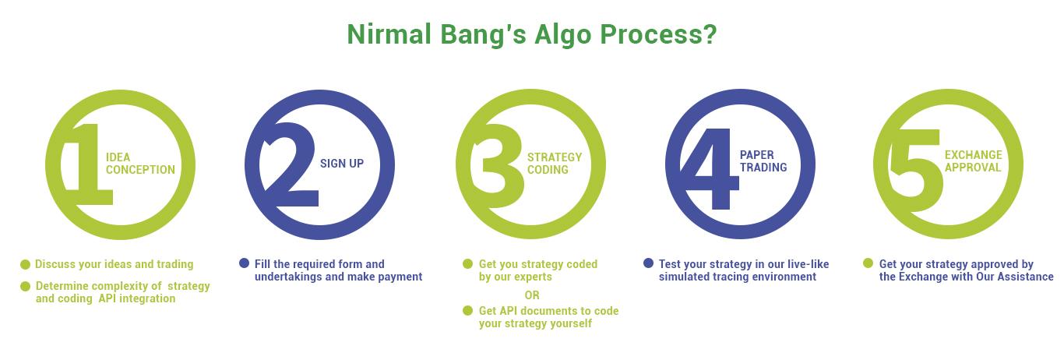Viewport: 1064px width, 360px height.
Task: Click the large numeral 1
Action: (x=90, y=164)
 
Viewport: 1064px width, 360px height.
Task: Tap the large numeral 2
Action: (x=290, y=164)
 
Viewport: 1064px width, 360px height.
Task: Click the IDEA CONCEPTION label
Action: (x=140, y=164)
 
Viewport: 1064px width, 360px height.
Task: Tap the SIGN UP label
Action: (x=341, y=164)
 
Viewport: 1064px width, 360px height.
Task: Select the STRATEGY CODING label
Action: (x=555, y=164)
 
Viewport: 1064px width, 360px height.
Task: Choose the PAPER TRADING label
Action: (x=763, y=161)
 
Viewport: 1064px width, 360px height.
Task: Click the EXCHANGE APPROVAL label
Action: (x=974, y=161)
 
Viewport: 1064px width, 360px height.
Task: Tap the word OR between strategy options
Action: (x=532, y=295)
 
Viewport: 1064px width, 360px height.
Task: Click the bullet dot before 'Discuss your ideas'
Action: (x=25, y=264)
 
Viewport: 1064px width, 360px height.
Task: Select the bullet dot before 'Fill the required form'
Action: (x=244, y=263)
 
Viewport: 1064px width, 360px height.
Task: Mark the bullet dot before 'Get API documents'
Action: (x=468, y=311)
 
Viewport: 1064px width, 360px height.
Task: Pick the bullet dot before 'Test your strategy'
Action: (x=648, y=263)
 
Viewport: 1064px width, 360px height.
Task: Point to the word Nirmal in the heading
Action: (x=389, y=34)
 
